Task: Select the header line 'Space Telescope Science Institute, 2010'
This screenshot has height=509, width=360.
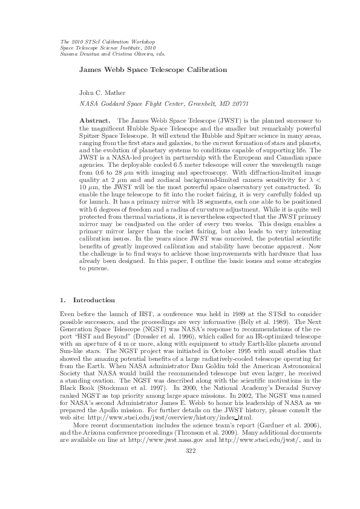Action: click(x=108, y=47)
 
